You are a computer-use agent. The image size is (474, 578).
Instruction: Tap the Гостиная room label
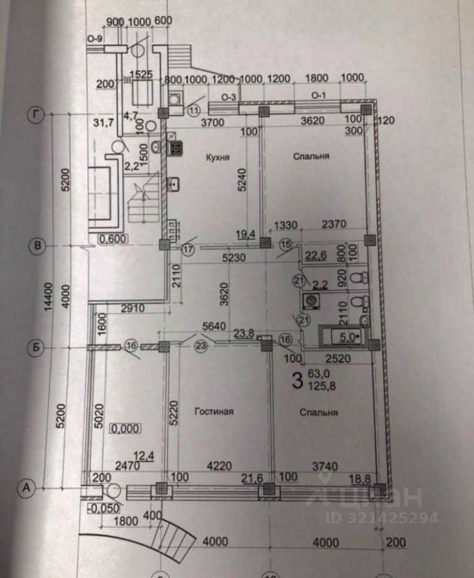point(214,412)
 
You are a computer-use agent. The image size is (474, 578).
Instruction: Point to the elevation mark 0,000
point(126,429)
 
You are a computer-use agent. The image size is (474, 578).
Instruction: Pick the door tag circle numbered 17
point(188,249)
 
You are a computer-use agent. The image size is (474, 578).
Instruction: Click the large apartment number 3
point(296,380)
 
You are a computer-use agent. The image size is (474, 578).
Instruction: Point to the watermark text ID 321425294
point(381,517)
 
